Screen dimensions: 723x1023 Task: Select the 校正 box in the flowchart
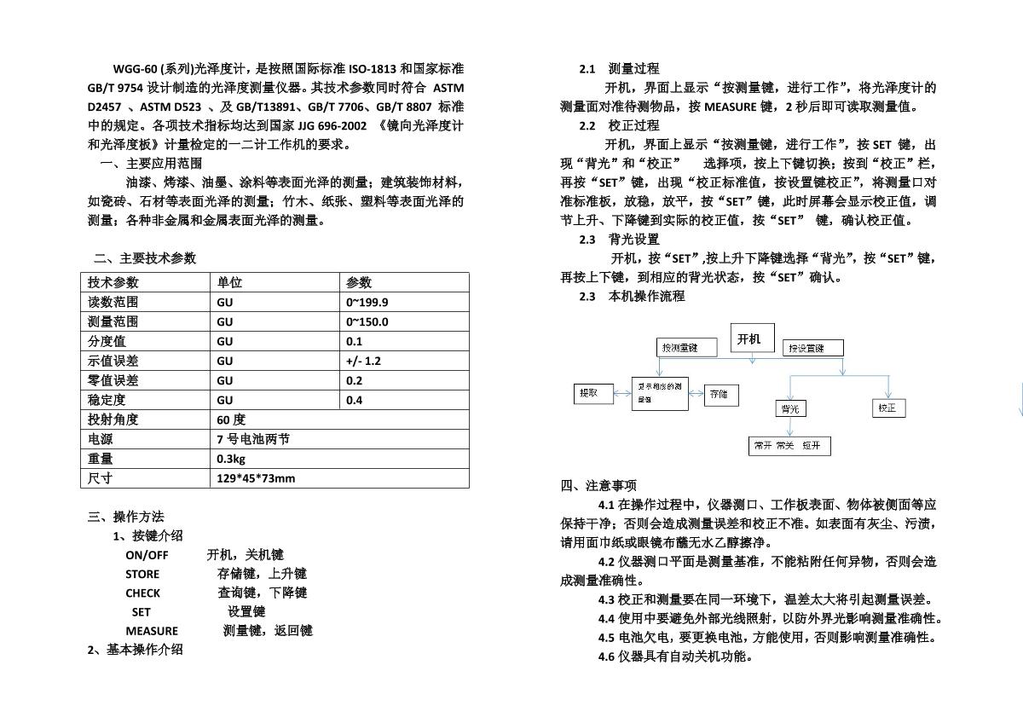[x=887, y=408]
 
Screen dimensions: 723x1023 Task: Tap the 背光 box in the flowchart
[x=790, y=409]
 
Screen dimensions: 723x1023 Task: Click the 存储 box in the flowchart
[x=721, y=395]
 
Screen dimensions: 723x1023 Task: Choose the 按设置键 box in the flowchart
[x=813, y=348]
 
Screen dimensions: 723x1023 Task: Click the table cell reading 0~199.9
[x=367, y=302]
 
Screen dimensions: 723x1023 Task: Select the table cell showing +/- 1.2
[x=364, y=361]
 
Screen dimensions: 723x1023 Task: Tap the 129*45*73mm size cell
[x=256, y=478]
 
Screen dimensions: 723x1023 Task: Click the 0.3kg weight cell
[x=231, y=459]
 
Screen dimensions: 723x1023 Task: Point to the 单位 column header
[x=229, y=282]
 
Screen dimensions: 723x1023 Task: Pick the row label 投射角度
[x=113, y=419]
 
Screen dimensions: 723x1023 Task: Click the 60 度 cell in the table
[x=231, y=419]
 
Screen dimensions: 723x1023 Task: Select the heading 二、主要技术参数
[x=145, y=258]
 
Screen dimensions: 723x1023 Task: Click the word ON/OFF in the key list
[x=147, y=555]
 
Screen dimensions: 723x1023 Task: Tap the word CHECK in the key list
[x=142, y=593]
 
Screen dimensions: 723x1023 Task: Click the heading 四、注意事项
[x=598, y=486]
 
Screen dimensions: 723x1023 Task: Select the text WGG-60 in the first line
[x=133, y=68]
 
